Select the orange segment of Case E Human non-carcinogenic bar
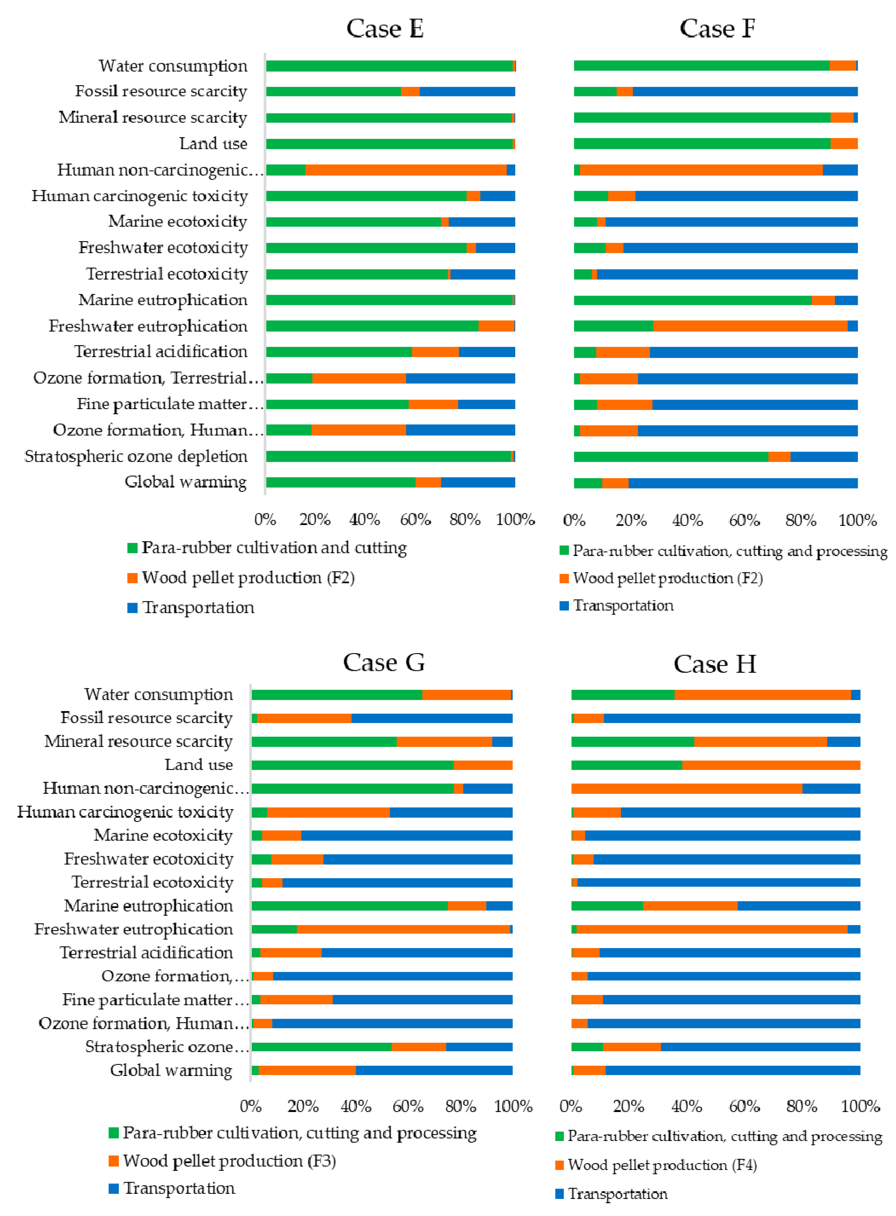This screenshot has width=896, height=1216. tap(406, 170)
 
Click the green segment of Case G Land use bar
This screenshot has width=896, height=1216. tap(353, 765)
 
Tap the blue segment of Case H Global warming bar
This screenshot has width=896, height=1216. tap(732, 1070)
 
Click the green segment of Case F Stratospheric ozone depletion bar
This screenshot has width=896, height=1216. tap(671, 457)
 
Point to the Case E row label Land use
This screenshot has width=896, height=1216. tap(213, 144)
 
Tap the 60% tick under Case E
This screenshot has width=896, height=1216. tap(415, 519)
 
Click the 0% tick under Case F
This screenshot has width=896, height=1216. tap(574, 521)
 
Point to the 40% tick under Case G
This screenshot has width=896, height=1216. tap(356, 1106)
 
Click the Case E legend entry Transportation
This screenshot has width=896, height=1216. tap(198, 607)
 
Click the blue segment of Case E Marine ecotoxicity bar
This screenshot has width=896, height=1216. tap(482, 222)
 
